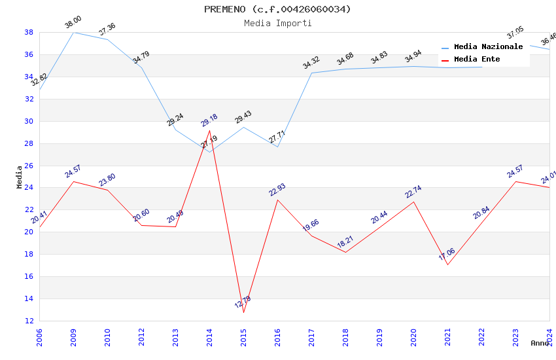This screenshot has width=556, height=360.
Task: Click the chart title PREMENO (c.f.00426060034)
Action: [x=277, y=9]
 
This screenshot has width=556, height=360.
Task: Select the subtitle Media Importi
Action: [x=277, y=23]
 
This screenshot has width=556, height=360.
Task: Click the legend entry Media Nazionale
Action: [x=488, y=46]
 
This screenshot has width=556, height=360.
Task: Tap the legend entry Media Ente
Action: [x=477, y=59]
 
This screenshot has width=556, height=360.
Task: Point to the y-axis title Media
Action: [x=20, y=177]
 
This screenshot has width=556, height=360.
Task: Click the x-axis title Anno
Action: [x=540, y=343]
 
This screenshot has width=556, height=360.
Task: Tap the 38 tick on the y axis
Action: [x=29, y=32]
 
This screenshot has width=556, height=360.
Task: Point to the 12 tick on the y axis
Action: [x=29, y=321]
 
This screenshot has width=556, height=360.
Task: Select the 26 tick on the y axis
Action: [x=29, y=166]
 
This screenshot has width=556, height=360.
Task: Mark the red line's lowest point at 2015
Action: [x=243, y=312]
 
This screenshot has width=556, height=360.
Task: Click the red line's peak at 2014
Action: [x=209, y=130]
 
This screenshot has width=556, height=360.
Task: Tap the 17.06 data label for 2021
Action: [x=447, y=254]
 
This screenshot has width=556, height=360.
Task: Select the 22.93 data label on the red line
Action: [x=277, y=190]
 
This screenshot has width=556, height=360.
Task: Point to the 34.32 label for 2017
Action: [x=311, y=63]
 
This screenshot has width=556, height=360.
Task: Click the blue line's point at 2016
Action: [x=277, y=147]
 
